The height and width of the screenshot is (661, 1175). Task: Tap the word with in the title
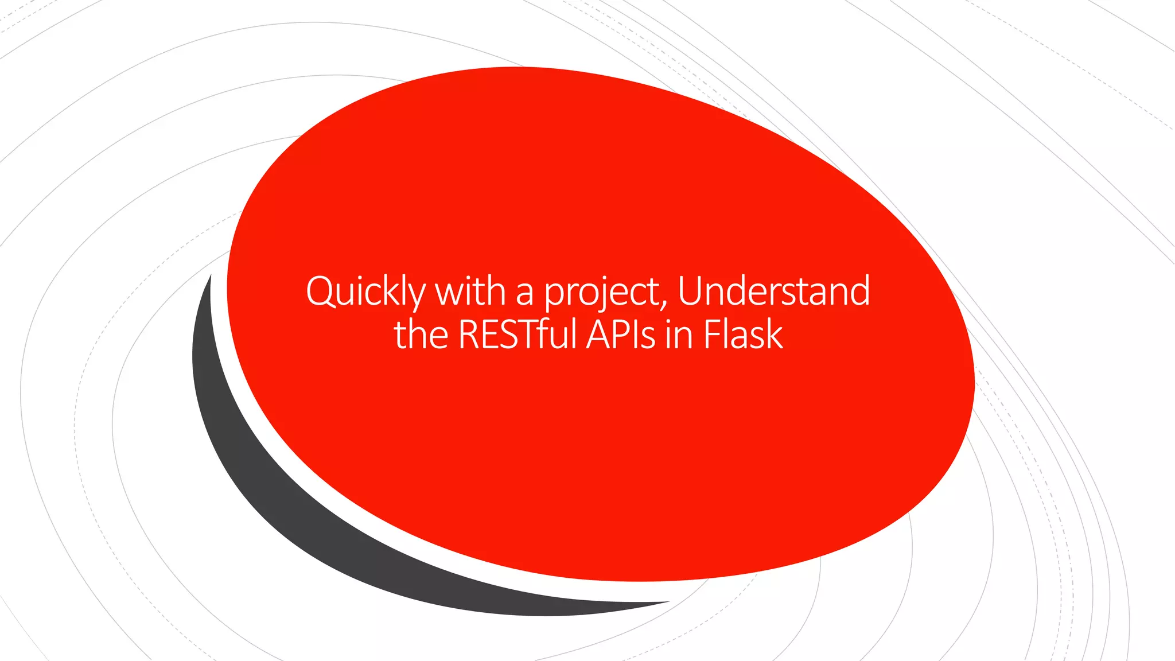tap(470, 291)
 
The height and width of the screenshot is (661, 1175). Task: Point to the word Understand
tap(773, 291)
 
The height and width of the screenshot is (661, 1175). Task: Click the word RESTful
tap(517, 335)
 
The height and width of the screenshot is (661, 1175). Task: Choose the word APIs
tap(620, 335)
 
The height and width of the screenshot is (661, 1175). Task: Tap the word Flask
tap(742, 335)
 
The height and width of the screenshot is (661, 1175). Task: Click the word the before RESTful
tap(421, 335)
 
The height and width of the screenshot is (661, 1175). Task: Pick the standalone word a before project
tap(524, 294)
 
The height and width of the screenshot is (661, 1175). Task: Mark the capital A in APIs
tap(599, 335)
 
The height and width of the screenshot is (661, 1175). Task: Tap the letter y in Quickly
tap(416, 295)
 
